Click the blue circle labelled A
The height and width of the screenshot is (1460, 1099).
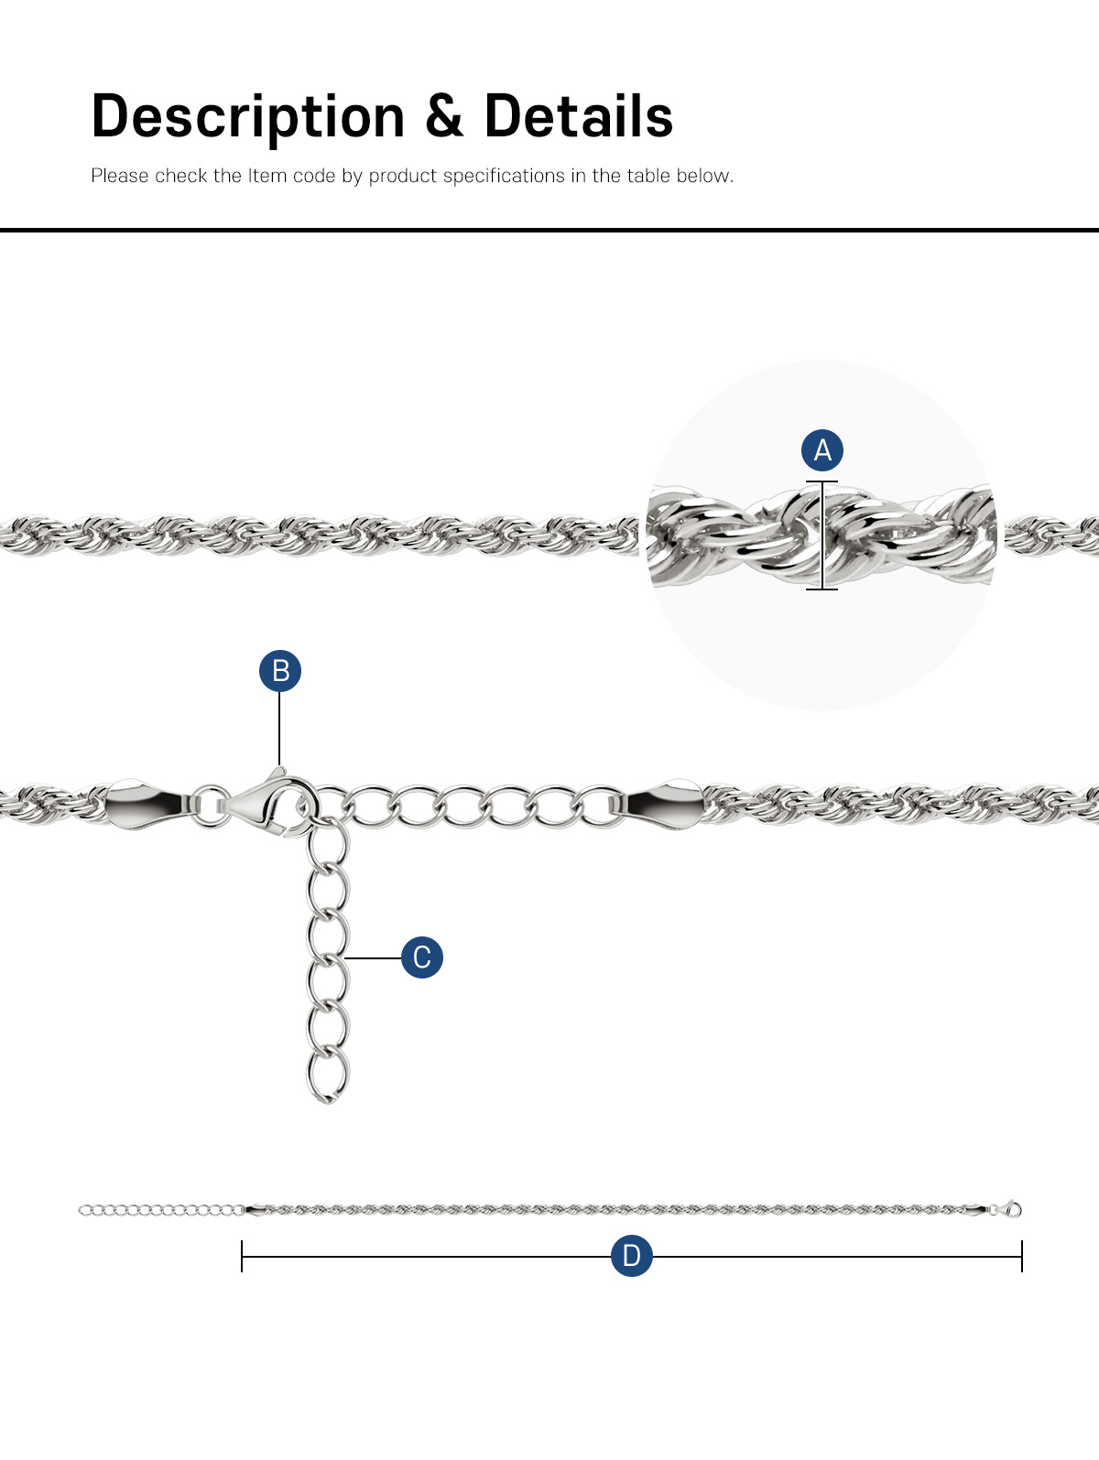click(822, 450)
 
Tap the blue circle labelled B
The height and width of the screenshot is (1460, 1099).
click(280, 671)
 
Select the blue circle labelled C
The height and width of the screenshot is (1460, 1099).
click(422, 957)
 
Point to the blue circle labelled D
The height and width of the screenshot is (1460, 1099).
click(632, 1255)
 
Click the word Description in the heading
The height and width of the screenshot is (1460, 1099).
click(248, 118)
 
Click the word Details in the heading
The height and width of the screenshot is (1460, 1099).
click(579, 116)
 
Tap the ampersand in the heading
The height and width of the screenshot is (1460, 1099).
click(445, 116)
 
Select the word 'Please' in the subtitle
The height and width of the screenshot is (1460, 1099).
click(120, 176)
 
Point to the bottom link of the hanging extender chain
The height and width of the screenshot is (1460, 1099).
click(327, 1075)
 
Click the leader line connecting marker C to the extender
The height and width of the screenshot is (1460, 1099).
click(374, 958)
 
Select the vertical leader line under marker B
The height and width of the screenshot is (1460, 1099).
click(279, 730)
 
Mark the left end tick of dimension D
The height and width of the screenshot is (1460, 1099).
click(242, 1256)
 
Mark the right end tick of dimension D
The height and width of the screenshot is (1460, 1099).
click(1021, 1256)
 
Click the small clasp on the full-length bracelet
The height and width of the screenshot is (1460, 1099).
click(1011, 1209)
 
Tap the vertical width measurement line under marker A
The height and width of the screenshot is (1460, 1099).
click(822, 535)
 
